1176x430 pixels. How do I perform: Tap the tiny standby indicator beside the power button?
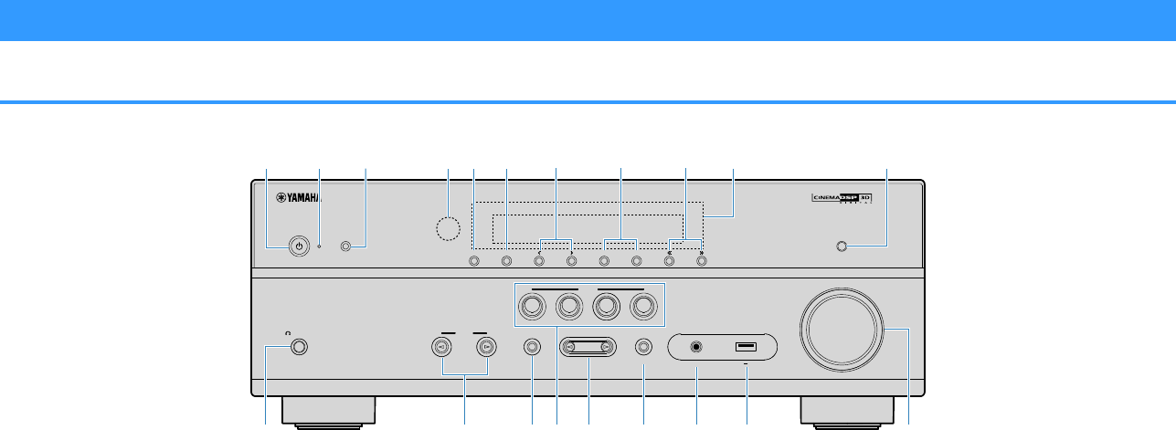pyautogui.click(x=319, y=246)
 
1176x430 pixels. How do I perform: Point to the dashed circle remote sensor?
pyautogui.click(x=449, y=228)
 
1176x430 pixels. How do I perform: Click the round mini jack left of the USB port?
pyautogui.click(x=699, y=347)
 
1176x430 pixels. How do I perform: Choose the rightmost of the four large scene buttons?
pyautogui.click(x=643, y=308)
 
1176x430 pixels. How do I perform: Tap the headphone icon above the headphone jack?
pyautogui.click(x=290, y=332)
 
